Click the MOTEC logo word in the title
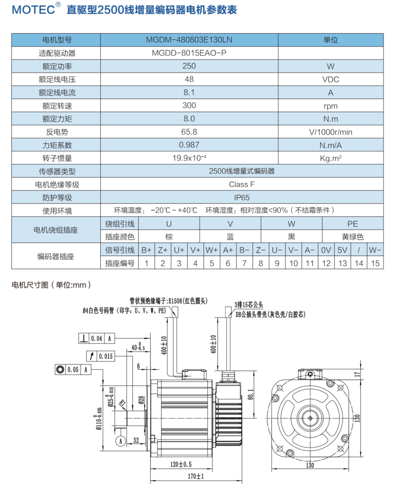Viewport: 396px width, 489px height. point(33,10)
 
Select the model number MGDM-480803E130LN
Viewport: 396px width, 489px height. point(189,40)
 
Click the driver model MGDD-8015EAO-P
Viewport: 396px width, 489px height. point(189,53)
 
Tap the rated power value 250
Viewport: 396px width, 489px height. point(189,66)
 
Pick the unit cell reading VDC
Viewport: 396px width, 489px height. point(330,79)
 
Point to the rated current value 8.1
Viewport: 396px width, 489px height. point(189,92)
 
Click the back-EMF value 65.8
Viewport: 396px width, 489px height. point(189,132)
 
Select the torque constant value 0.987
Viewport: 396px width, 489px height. point(189,145)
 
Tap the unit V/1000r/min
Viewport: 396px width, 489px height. point(330,132)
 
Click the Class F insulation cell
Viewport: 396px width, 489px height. point(242,184)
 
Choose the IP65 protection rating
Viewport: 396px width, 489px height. point(242,198)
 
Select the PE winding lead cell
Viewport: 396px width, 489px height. point(353,224)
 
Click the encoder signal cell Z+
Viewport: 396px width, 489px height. point(163,250)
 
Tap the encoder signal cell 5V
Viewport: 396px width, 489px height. point(342,250)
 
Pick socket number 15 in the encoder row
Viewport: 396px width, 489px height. point(375,263)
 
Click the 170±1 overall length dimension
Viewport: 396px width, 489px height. point(195,476)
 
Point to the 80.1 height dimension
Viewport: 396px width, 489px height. point(251,395)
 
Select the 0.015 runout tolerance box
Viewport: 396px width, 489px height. point(100,356)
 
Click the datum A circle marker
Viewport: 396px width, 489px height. point(121,440)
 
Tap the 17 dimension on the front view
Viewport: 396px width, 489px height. point(357,374)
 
